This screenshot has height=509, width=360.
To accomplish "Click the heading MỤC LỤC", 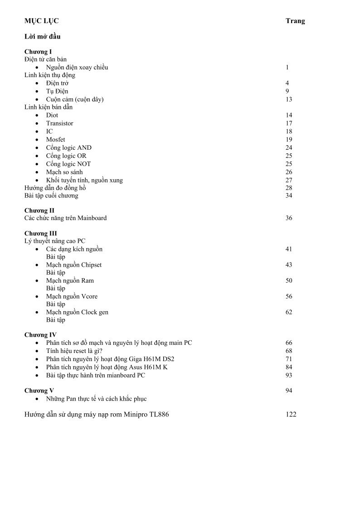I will (x=41, y=21).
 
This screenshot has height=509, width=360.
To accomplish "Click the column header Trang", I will (x=295, y=21).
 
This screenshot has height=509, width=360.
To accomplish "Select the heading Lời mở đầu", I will (x=42, y=36).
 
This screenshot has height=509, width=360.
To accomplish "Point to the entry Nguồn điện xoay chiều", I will (x=77, y=68).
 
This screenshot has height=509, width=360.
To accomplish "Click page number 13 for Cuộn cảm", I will (x=289, y=99).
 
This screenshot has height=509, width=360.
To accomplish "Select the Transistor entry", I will (x=59, y=123).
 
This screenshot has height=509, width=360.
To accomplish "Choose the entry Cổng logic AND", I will (x=68, y=148).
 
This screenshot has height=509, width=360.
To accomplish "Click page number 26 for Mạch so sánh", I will (x=289, y=172).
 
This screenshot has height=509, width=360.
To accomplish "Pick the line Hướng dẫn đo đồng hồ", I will (x=55, y=188).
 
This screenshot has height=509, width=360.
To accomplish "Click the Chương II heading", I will (x=39, y=210).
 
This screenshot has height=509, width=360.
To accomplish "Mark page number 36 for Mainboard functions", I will (x=289, y=218).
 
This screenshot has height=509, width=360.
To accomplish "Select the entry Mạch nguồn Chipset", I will (x=73, y=265).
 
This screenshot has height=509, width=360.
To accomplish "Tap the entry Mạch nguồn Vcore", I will (x=72, y=297).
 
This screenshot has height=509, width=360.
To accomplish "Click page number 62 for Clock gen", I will (x=289, y=312).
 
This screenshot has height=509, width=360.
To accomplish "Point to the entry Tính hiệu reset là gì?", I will (x=74, y=351).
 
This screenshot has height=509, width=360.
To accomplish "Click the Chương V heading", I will (x=39, y=391).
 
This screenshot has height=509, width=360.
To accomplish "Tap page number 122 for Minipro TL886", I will (x=291, y=414).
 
